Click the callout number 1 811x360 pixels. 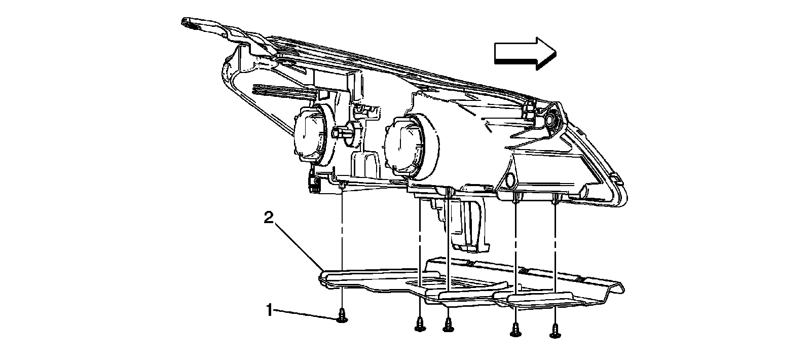pyautogui.click(x=270, y=309)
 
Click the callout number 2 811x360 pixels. pyautogui.click(x=269, y=218)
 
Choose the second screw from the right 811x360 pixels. pyautogui.click(x=515, y=331)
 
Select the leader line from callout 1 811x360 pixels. pyautogui.click(x=304, y=313)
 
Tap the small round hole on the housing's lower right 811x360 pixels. pyautogui.click(x=511, y=179)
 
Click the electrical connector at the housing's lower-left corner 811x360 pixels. pyautogui.click(x=314, y=183)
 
